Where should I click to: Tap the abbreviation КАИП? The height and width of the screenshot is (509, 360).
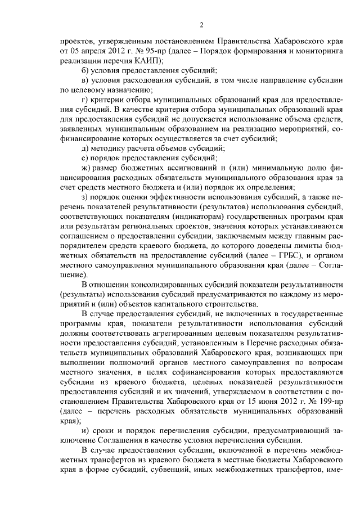tap(147, 60)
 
